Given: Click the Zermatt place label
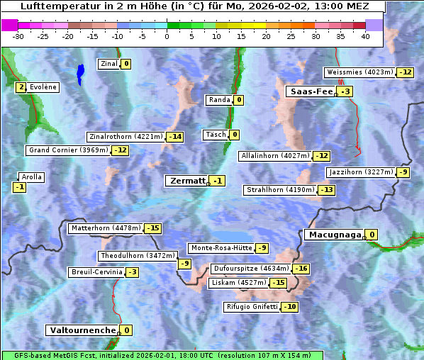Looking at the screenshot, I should pos(187,181).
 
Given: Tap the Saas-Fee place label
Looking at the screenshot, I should pos(310,91).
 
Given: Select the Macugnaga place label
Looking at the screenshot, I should pos(333,235).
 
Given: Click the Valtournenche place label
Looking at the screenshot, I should pos(82,330).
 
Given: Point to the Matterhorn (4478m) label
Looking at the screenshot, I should pos(105,228).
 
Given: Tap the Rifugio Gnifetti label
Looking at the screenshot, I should pos(252,307).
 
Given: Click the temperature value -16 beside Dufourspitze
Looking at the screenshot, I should pos(301,269).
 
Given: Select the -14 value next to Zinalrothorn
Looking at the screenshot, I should pos(174,137).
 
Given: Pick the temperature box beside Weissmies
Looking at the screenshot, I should pos(405,72).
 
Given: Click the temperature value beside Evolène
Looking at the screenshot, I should pos(21,87).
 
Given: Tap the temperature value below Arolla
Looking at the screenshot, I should pos(20,187).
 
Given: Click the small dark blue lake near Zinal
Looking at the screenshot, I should pos(80,72).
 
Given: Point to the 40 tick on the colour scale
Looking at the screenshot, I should pos(365,36).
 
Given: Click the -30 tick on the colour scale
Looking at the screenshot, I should pos(18,36).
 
